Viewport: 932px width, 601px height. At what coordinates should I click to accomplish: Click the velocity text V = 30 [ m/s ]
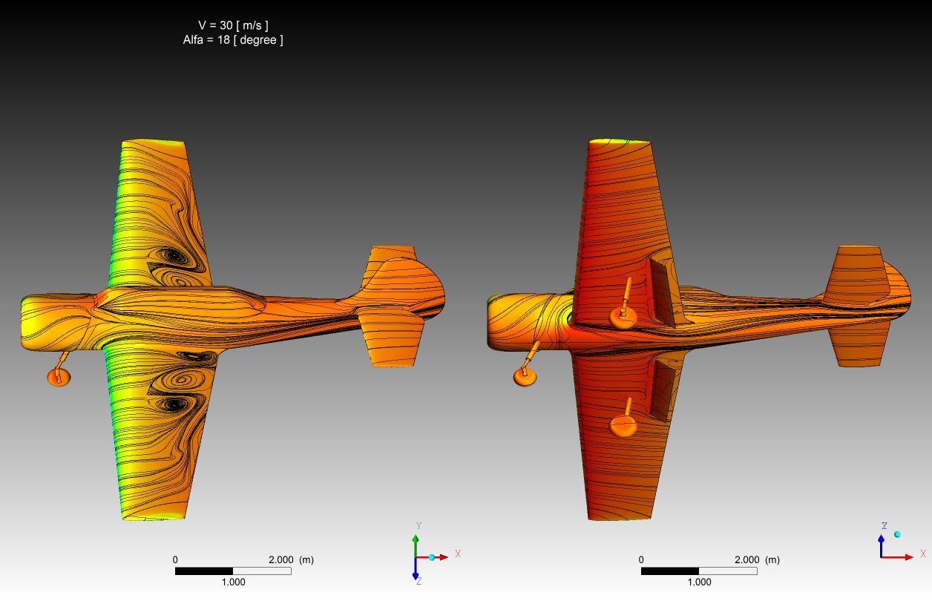coord(233,25)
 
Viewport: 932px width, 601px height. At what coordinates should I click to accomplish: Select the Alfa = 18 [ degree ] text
coord(233,40)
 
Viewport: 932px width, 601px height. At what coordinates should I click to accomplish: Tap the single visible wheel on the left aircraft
coord(59,377)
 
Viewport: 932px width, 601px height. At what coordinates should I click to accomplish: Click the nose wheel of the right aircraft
coord(525,376)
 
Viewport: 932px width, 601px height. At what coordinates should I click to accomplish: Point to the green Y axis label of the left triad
coord(419,526)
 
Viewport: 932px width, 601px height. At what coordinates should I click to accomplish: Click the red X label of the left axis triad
coord(458,554)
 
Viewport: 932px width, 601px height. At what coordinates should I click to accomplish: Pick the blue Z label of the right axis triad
coord(885,526)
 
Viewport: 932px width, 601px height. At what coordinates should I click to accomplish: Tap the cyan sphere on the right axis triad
coord(897,534)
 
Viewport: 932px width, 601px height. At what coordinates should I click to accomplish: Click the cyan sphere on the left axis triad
coord(432,557)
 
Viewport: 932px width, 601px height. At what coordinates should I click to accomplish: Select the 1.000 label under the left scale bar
coord(233,582)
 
